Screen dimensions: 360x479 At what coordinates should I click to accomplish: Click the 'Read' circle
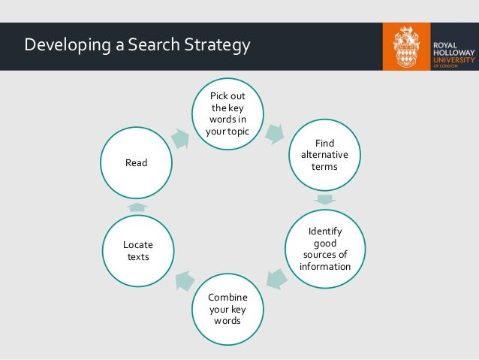click(x=137, y=162)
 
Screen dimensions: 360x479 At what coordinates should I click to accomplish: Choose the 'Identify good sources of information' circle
click(x=324, y=250)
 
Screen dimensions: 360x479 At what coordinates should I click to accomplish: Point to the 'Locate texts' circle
click(x=137, y=250)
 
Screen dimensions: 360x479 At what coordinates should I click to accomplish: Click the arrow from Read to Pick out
click(x=180, y=137)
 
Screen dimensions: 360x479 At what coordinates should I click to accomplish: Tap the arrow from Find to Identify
click(x=324, y=200)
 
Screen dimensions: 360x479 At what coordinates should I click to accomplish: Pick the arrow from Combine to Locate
click(x=182, y=281)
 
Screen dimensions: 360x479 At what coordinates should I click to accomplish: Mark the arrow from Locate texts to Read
click(x=137, y=206)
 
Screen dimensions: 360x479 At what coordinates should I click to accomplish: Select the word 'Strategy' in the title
click(x=213, y=46)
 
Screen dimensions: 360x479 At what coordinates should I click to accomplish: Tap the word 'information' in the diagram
click(x=324, y=265)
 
